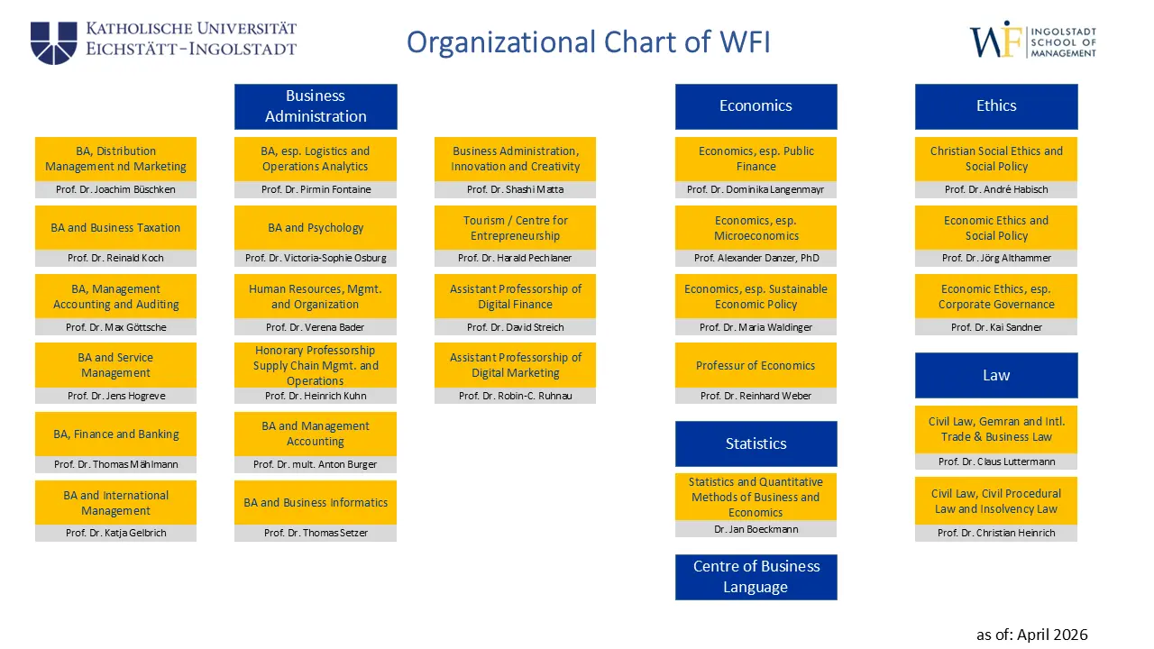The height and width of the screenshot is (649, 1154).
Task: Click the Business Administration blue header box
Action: pyautogui.click(x=316, y=106)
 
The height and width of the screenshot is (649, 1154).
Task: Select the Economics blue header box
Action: pyautogui.click(x=756, y=106)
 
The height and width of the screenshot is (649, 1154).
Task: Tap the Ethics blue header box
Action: pyautogui.click(x=996, y=106)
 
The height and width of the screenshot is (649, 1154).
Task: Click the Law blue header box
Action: pyautogui.click(x=996, y=375)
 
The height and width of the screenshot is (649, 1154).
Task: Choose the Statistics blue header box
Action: pyautogui.click(x=756, y=443)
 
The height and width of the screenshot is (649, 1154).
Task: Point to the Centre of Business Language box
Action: pyautogui.click(x=756, y=577)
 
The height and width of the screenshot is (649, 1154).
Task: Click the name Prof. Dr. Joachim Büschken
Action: pyautogui.click(x=115, y=189)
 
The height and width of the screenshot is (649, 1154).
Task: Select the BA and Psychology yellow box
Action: pyautogui.click(x=316, y=228)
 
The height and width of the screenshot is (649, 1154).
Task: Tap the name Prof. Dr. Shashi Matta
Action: pyautogui.click(x=515, y=189)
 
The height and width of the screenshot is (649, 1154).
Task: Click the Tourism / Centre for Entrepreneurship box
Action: pyautogui.click(x=515, y=228)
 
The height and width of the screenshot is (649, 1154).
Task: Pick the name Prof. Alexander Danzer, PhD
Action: pyautogui.click(x=756, y=258)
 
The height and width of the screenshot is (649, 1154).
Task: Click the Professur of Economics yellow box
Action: pyautogui.click(x=756, y=365)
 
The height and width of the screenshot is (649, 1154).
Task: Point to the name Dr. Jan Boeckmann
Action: pyautogui.click(x=756, y=529)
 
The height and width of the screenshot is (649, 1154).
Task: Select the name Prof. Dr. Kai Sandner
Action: pyautogui.click(x=996, y=327)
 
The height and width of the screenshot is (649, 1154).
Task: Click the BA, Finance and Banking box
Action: pyautogui.click(x=115, y=434)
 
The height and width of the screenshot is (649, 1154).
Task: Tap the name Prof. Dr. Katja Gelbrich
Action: pyautogui.click(x=115, y=533)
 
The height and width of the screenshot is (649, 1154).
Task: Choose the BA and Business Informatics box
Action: pyautogui.click(x=316, y=503)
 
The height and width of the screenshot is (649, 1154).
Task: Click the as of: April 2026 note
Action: pyautogui.click(x=1031, y=635)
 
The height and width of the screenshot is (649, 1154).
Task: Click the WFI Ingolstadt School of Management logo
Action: pyautogui.click(x=1032, y=41)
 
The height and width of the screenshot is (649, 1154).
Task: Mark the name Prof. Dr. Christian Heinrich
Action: pyautogui.click(x=996, y=533)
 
